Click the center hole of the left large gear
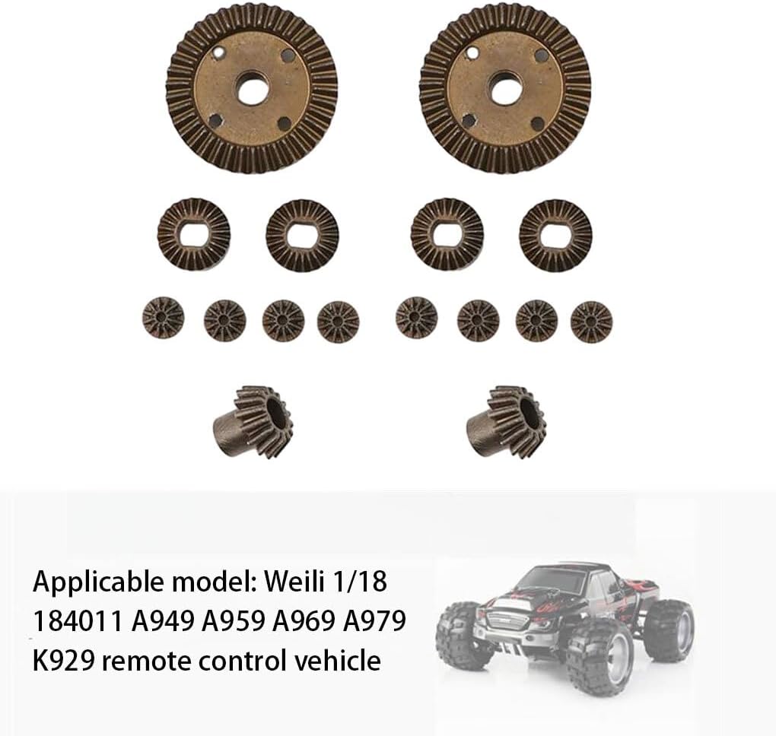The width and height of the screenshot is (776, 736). (x=253, y=89)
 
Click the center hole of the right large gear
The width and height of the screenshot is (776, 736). (x=505, y=89)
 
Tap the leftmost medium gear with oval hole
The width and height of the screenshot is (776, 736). (x=194, y=234)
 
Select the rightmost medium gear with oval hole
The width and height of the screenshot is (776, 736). (x=555, y=236)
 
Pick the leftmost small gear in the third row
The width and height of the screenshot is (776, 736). (x=164, y=318)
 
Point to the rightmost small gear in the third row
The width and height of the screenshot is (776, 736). (x=591, y=322)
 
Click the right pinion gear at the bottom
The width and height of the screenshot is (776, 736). (x=507, y=421)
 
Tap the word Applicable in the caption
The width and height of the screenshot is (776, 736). (x=98, y=582)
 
